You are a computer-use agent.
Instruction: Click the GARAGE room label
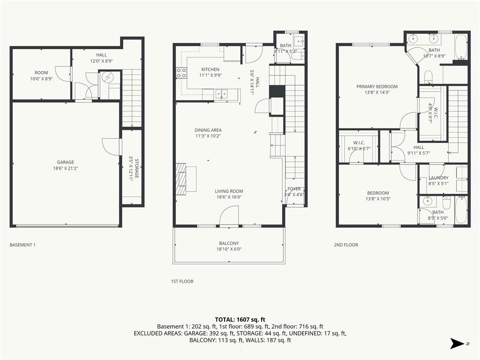(x=66, y=162)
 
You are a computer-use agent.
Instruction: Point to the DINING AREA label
(x=208, y=130)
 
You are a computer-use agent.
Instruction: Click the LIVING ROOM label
(x=229, y=191)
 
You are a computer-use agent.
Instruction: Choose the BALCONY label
(x=229, y=243)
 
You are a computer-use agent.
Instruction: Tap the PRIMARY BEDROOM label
(x=377, y=86)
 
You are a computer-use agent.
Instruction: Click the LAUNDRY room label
(x=438, y=178)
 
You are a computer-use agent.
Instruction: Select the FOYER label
(x=294, y=189)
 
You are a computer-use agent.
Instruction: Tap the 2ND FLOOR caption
(x=346, y=245)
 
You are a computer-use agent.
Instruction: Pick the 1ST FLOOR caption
(x=182, y=281)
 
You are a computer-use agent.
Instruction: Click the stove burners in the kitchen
(x=181, y=73)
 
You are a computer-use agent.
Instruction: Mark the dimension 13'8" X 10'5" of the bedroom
(x=378, y=199)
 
